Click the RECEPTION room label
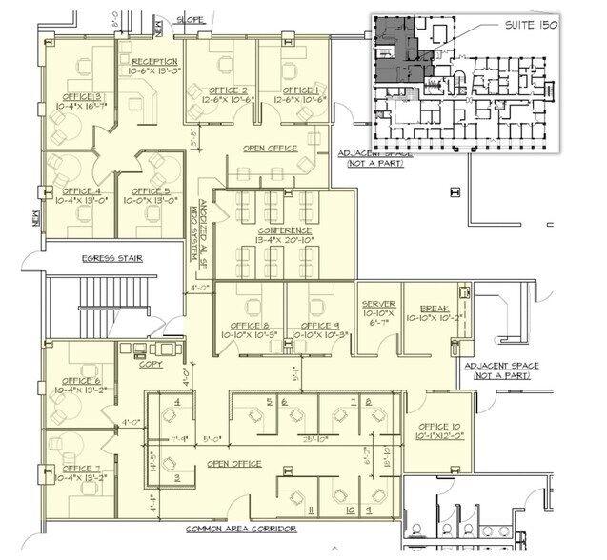coord(154,62)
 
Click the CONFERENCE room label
coord(284,230)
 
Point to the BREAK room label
coord(434,310)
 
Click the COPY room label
coord(150,363)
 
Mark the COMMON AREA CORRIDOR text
coord(241,529)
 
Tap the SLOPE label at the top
coord(189,19)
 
